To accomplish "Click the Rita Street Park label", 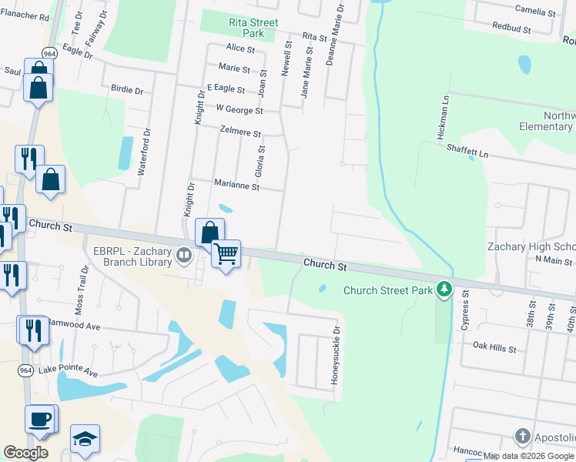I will pyautogui.click(x=253, y=28).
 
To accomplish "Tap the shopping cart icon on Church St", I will pyautogui.click(x=226, y=253).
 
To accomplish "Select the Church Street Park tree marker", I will pyautogui.click(x=444, y=290).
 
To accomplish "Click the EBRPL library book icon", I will pyautogui.click(x=184, y=254).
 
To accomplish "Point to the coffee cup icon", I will pyautogui.click(x=41, y=420).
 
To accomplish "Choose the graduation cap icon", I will pyautogui.click(x=85, y=439).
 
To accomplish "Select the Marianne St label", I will pyautogui.click(x=236, y=186).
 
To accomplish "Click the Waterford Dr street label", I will pyautogui.click(x=142, y=158).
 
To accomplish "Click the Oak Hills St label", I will pyautogui.click(x=494, y=348).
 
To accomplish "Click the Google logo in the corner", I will pyautogui.click(x=25, y=453).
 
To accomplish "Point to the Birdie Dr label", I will pyautogui.click(x=128, y=90).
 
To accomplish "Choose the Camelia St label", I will pyautogui.click(x=535, y=12).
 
